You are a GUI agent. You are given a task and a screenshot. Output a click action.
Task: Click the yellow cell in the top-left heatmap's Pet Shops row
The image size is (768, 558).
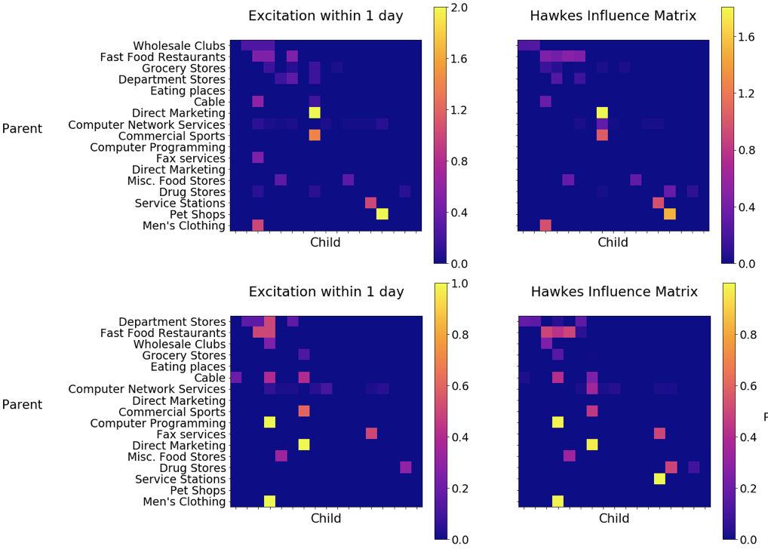(382, 214)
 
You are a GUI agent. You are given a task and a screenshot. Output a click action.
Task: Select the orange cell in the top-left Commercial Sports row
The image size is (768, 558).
(315, 136)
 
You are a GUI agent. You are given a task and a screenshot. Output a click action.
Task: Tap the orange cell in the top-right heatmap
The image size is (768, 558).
(669, 214)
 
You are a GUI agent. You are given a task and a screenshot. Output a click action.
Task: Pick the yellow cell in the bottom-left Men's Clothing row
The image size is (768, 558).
(269, 501)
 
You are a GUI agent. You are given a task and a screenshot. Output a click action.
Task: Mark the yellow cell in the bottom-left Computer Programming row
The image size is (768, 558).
(269, 422)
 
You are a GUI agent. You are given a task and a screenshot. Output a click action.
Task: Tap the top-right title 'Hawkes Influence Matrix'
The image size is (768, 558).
(613, 16)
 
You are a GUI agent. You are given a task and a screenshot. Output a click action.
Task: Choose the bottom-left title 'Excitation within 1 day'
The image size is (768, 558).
(326, 292)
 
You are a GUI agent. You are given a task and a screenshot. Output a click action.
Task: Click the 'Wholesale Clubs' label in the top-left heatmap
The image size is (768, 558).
(179, 46)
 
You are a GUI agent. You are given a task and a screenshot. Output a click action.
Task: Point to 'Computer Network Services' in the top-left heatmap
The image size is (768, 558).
(146, 124)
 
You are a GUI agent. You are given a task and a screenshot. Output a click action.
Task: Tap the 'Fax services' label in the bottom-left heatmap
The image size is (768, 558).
(191, 434)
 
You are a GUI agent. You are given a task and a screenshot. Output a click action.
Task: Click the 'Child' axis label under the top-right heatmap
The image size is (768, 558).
(613, 243)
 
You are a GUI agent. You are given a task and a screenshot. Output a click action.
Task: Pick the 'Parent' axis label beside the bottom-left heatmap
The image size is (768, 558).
(22, 405)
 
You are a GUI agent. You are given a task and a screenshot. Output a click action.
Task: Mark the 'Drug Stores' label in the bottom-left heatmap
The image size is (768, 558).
(192, 468)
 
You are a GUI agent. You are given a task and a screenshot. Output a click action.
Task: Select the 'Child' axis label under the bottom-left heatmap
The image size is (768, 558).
(326, 519)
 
